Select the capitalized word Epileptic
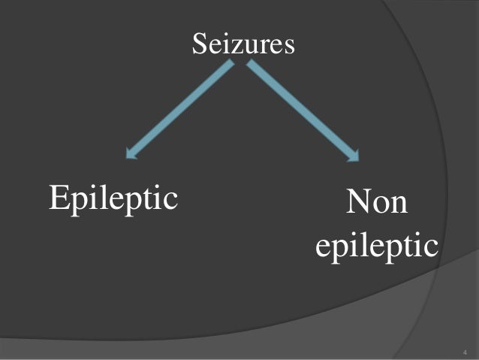113,198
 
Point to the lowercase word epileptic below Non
376,248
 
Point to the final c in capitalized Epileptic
170,201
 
